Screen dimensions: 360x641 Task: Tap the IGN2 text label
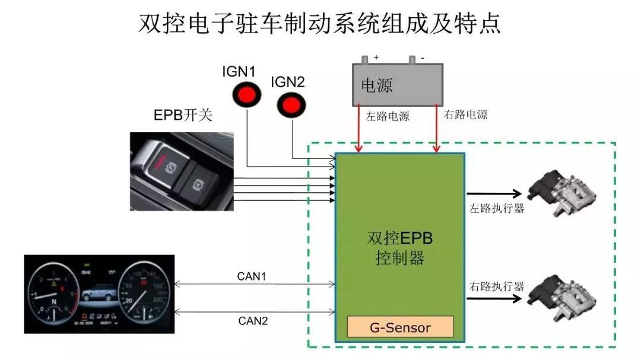tap(287, 82)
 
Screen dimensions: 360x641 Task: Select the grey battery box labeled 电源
tap(397, 85)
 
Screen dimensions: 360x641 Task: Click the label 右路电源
tap(465, 114)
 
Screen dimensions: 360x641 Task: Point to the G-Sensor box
tap(400, 327)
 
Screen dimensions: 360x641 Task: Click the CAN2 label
tap(253, 321)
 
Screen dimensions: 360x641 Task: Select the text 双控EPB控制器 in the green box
tap(400, 248)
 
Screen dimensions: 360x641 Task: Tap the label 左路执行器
tap(497, 208)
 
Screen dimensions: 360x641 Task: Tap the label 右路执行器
tap(497, 286)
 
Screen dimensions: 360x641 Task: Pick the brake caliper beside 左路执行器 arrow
tap(561, 191)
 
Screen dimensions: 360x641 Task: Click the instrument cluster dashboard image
tap(99, 294)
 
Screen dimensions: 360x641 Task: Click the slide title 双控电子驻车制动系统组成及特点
tap(320, 24)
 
